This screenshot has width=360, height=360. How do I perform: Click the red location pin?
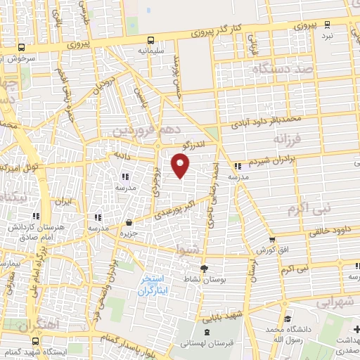click(181, 166)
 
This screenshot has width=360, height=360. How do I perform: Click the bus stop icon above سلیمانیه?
click(151, 39)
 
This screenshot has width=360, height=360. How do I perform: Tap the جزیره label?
click(127, 233)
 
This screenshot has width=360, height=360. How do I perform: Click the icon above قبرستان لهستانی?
click(205, 332)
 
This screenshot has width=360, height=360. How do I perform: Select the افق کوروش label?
click(274, 250)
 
